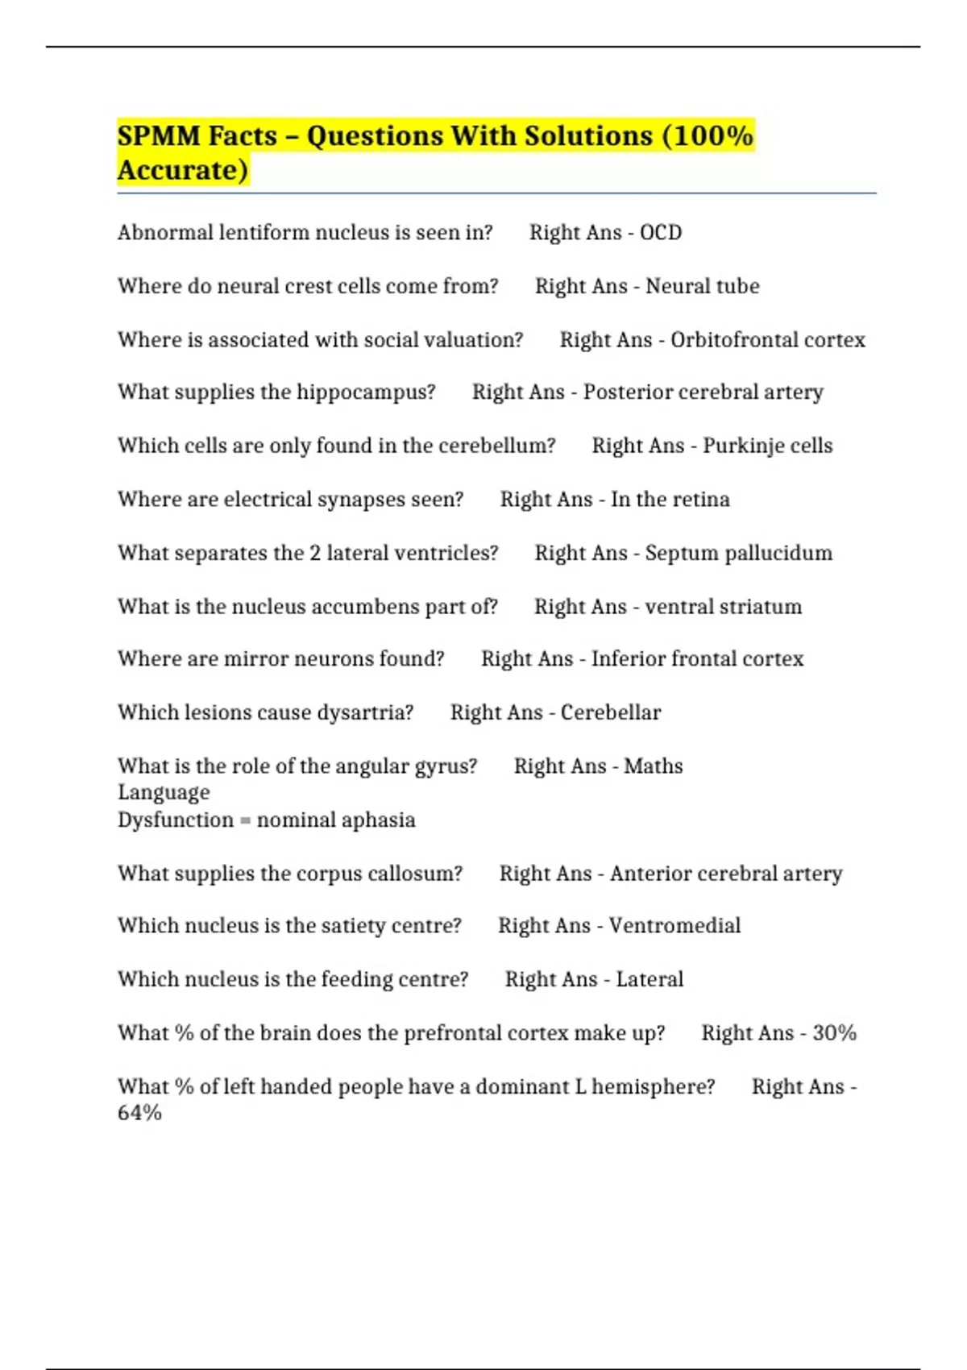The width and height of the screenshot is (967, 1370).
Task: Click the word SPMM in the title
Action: (x=158, y=135)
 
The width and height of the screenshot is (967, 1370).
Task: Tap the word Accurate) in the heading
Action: (x=183, y=170)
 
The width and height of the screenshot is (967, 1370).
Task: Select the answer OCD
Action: (x=661, y=233)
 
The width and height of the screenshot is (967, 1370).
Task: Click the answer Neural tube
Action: (x=703, y=286)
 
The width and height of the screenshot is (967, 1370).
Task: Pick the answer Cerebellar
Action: (x=611, y=712)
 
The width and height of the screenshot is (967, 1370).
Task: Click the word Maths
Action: (x=654, y=766)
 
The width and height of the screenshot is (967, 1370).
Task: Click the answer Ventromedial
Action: (x=674, y=926)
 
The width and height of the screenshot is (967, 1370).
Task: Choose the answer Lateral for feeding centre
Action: (x=650, y=979)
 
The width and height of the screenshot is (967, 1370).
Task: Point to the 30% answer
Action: (x=834, y=1033)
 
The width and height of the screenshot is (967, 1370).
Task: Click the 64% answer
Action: (x=139, y=1113)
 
